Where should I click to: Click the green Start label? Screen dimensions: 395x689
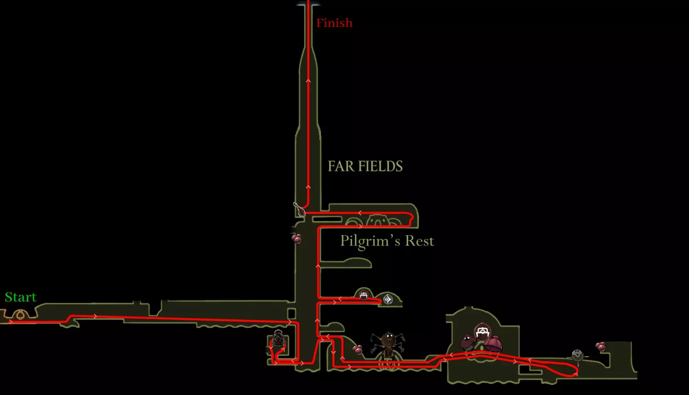coord(20,297)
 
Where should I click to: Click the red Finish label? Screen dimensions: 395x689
coord(334,23)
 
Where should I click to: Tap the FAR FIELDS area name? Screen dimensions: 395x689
coord(365,166)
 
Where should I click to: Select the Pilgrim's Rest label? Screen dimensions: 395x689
coord(387,241)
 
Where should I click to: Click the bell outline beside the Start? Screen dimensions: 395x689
coord(19,315)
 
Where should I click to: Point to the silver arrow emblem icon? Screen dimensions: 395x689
coord(388,300)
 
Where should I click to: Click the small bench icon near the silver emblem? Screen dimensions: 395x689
coord(363,295)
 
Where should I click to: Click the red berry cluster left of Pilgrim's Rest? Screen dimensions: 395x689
coord(297,238)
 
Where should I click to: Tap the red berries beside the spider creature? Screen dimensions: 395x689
coord(358,350)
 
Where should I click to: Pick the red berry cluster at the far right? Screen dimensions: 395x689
coord(600,347)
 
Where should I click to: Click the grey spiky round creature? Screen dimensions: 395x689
coord(577,355)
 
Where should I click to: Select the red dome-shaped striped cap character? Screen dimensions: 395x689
coord(493,344)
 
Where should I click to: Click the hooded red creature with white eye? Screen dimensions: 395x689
coord(468,342)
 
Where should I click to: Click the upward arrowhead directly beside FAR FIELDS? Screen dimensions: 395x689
coord(308,187)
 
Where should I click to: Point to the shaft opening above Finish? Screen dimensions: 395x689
coord(308,5)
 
